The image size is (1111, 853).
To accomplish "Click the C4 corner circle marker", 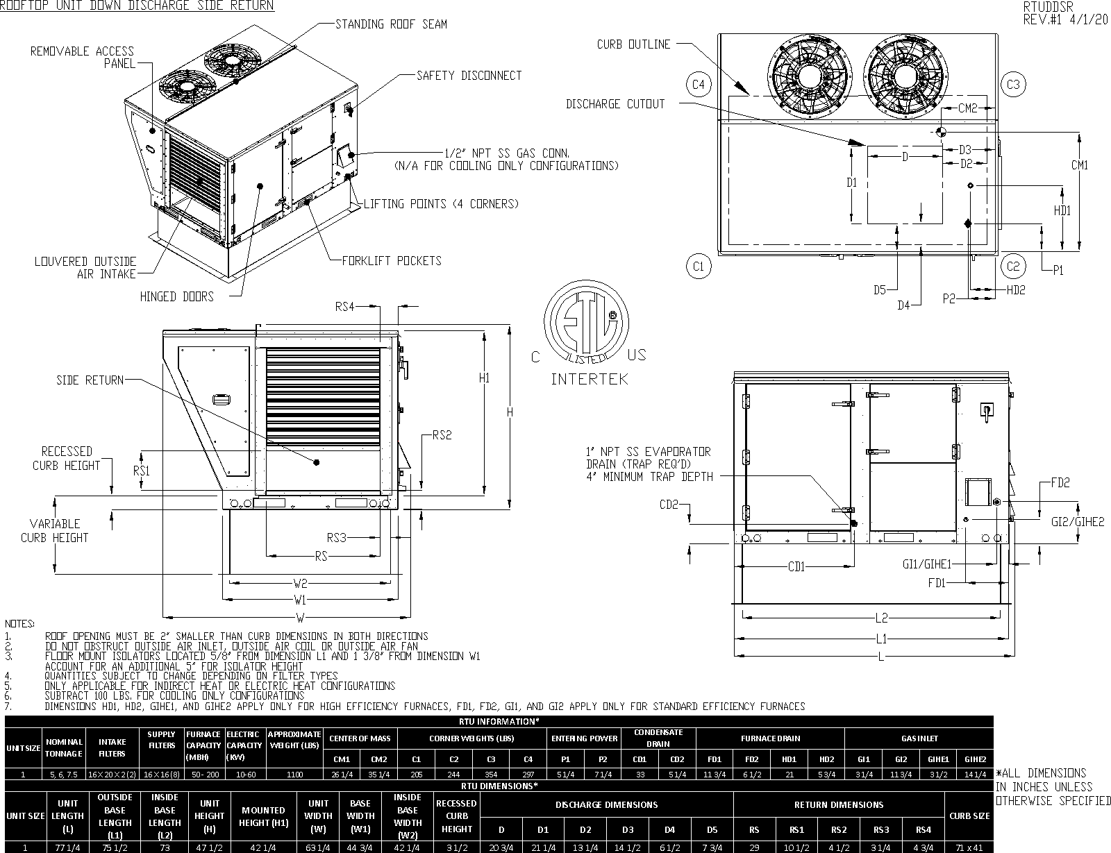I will coord(699,85).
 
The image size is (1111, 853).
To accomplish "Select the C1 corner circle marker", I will coord(699,266).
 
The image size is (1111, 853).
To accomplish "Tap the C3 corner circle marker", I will coord(1013,85).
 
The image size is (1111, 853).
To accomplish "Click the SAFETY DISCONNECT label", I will coord(469,75).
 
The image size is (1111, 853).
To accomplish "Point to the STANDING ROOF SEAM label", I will coord(391,24).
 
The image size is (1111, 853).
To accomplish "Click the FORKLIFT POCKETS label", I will coord(391,261).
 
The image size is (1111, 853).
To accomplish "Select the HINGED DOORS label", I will coord(176,297).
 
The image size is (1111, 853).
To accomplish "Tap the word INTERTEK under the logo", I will coord(589,379).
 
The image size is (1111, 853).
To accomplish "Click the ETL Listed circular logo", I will coord(586,325).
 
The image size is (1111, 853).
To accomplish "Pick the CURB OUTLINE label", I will coord(633,44).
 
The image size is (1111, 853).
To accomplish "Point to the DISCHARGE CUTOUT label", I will coord(615,104).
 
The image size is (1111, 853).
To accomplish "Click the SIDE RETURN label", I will coord(90,380).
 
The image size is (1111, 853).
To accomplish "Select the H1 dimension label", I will coord(485,378).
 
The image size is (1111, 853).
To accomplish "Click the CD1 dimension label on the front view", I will coord(796,567).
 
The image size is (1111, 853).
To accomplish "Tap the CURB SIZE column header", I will coord(969,816).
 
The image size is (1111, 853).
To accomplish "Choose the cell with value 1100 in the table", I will coord(294,775).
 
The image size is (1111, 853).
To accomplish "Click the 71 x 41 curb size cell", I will coord(969,847).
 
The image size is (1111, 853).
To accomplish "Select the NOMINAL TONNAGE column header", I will coord(65,748).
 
